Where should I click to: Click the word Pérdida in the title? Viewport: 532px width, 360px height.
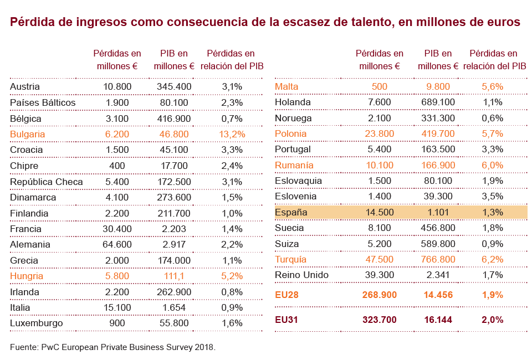[31, 22]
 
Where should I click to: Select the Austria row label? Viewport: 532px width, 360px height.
[25, 86]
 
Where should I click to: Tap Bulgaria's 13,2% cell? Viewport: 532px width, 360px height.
[232, 134]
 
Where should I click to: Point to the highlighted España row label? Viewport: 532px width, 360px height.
[291, 212]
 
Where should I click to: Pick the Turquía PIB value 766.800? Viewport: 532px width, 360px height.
[438, 259]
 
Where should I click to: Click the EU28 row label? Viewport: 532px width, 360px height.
[287, 295]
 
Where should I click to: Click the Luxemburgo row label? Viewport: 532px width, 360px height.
[37, 323]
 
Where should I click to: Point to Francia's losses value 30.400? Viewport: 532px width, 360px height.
[117, 229]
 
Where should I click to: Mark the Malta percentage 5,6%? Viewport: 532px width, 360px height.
[492, 86]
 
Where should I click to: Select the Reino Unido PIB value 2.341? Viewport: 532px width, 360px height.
[438, 275]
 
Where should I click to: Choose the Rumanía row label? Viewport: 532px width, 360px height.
[294, 165]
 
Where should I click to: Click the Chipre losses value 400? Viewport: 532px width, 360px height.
[117, 166]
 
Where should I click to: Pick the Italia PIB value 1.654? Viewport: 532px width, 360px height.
[174, 307]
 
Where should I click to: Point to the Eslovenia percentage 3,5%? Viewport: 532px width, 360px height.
[492, 196]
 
